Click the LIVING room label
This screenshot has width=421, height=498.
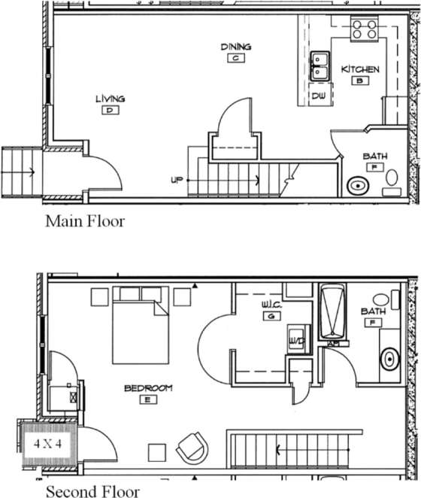tap(110, 99)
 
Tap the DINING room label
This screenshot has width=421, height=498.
tap(235, 47)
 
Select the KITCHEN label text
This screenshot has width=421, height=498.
tap(360, 69)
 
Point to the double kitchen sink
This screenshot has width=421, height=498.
tap(320, 65)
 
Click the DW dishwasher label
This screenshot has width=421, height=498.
tap(318, 96)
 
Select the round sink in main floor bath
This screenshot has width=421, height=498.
tap(358, 185)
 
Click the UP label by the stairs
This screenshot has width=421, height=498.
tap(177, 180)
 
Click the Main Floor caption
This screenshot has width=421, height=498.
tap(84, 221)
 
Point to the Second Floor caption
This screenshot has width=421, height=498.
tap(92, 491)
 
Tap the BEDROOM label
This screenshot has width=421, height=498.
tap(148, 388)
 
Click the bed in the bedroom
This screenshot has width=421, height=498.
tap(141, 332)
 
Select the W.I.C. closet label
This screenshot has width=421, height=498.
tap(270, 305)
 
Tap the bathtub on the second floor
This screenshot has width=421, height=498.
tap(331, 312)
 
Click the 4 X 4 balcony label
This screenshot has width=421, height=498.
tap(48, 443)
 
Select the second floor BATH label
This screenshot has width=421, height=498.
tap(374, 311)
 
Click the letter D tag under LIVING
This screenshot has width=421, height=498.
tap(110, 110)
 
